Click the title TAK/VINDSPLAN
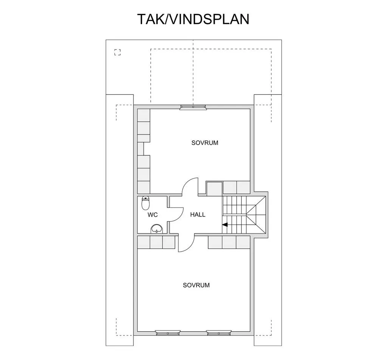pos(193,19)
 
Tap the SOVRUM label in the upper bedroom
pos(205,143)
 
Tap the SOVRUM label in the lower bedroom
pos(196,285)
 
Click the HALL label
pos(198,215)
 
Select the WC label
pos(153,215)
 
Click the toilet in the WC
pos(146,203)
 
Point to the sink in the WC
pos(156,228)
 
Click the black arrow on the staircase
pos(224,225)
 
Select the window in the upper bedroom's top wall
pos(193,107)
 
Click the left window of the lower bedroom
pos(168,333)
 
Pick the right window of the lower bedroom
pos(218,333)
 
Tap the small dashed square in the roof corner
pos(118,53)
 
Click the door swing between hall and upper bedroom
pos(190,187)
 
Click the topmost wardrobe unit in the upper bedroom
pos(144,115)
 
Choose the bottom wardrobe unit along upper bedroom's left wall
pos(144,187)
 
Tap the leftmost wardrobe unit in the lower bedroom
pos(144,243)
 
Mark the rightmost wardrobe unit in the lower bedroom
pos(243,243)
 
